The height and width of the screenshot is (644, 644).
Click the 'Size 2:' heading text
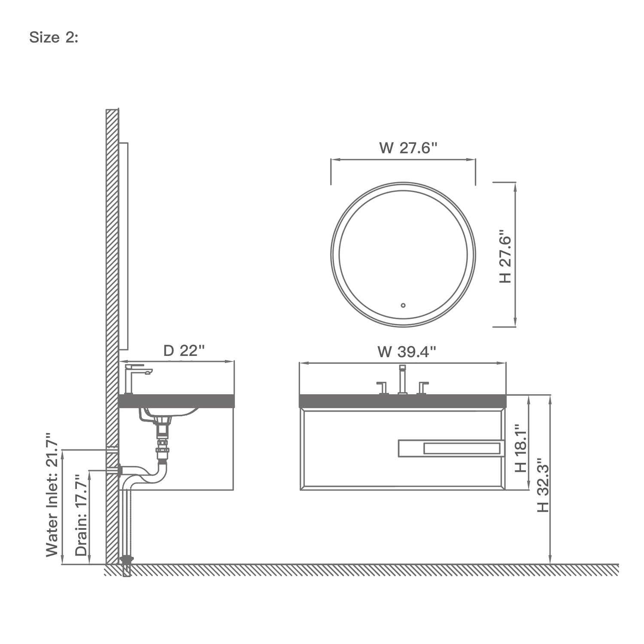tap(54, 38)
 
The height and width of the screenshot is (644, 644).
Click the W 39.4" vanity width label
tap(407, 352)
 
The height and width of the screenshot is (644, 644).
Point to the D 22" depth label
tap(183, 351)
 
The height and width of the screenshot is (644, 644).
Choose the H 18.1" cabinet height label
tap(520, 449)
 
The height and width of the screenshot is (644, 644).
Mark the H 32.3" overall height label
tap(543, 484)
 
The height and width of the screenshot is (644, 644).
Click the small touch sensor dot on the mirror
tap(403, 306)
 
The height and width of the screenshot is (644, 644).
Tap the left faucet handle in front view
tap(381, 387)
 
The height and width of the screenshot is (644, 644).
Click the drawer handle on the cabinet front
tap(451, 449)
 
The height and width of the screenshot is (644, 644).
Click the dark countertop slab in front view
tap(403, 401)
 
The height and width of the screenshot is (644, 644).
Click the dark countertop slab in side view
tap(176, 401)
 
